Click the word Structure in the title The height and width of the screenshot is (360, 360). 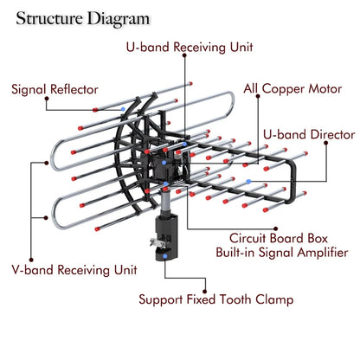pos(53,16)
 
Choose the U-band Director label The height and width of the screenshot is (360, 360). pos(308,135)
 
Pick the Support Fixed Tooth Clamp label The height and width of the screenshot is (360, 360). pos(215,300)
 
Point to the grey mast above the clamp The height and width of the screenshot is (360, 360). pos(164,203)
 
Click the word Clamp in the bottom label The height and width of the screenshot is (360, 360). pos(274,300)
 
